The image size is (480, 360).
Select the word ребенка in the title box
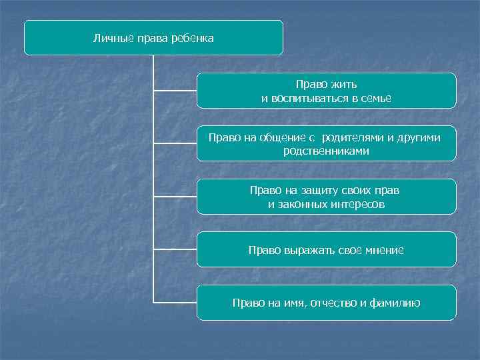pyautogui.click(x=193, y=39)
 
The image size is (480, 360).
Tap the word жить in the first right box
pyautogui.click(x=345, y=85)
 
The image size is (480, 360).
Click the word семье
pyautogui.click(x=376, y=99)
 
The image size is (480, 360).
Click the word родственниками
pyautogui.click(x=326, y=151)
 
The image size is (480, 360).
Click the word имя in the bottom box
pyautogui.click(x=288, y=303)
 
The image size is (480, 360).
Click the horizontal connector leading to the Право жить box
pyautogui.click(x=175, y=90)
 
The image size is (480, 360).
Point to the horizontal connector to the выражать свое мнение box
pyautogui.click(x=175, y=249)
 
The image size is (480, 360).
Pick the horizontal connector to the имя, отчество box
pyautogui.click(x=175, y=303)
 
